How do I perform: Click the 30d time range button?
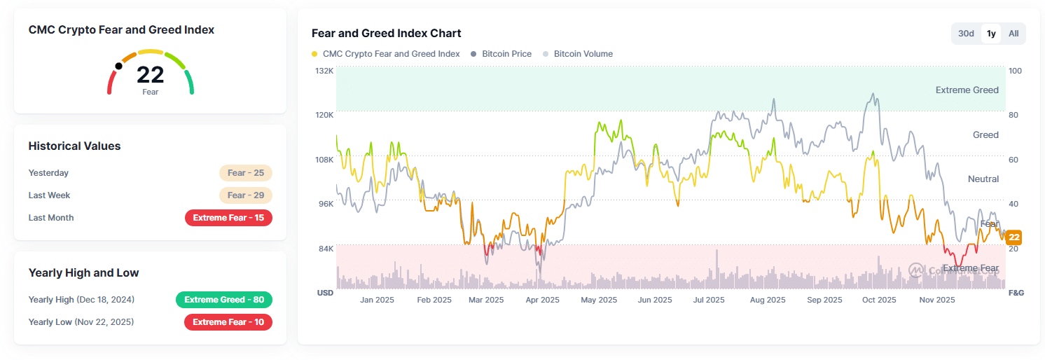click(966, 34)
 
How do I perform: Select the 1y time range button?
click(991, 34)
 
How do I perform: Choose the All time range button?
click(1013, 34)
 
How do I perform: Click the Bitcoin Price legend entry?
click(506, 54)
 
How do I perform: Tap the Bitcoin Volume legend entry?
click(583, 54)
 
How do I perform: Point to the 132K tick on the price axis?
click(324, 71)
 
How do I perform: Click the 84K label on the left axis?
click(326, 249)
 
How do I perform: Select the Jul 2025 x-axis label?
click(709, 300)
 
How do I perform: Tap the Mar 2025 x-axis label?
click(486, 300)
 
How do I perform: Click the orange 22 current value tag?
click(1013, 237)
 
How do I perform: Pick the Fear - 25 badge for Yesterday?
click(245, 173)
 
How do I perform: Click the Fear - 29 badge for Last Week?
click(245, 195)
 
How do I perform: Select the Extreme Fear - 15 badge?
click(228, 218)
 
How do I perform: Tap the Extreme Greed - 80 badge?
click(224, 300)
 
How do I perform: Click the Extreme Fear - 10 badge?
click(228, 322)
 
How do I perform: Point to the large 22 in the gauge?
click(150, 75)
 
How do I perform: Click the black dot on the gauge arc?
click(118, 67)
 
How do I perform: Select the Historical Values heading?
click(74, 146)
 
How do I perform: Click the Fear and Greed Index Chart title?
click(386, 34)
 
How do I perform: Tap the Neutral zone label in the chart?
click(983, 179)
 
